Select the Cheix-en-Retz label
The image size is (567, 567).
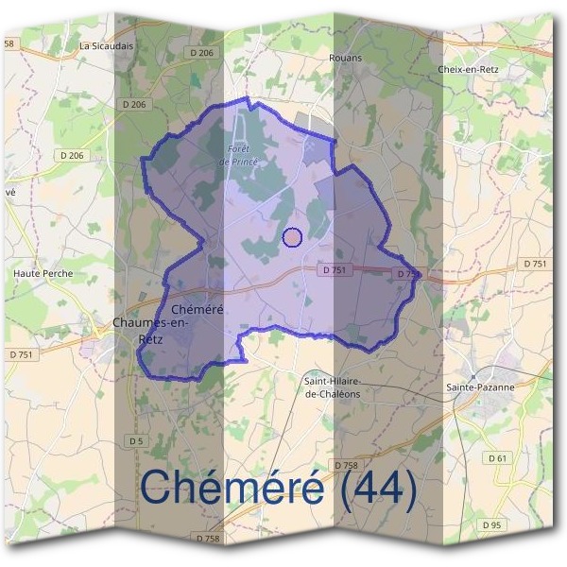click(x=468, y=70)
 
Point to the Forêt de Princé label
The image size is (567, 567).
click(x=238, y=156)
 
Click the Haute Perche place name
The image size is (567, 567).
click(x=43, y=274)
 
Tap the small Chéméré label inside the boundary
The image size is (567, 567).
click(x=198, y=310)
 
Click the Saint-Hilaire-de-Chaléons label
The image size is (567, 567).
click(x=340, y=387)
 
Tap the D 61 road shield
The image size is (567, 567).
click(x=498, y=457)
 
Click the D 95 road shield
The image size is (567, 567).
click(x=490, y=524)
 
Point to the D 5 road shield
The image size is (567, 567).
click(x=137, y=440)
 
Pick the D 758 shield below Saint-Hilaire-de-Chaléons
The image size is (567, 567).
click(x=347, y=465)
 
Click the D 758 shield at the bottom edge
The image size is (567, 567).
click(x=209, y=538)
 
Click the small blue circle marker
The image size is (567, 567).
click(x=292, y=237)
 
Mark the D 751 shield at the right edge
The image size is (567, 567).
click(x=535, y=264)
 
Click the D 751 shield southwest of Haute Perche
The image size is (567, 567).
click(x=21, y=353)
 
